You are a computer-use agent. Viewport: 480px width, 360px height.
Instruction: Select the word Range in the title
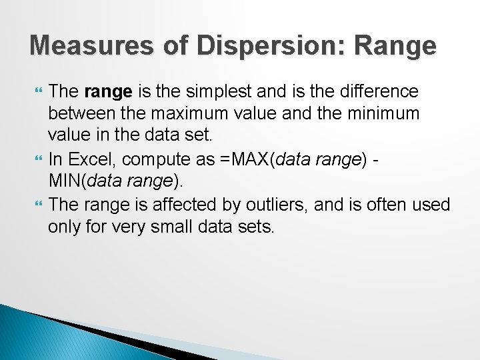point(398,46)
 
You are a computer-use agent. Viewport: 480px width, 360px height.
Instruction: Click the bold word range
point(108,91)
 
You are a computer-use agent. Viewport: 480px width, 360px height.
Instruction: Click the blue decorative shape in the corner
point(40,337)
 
